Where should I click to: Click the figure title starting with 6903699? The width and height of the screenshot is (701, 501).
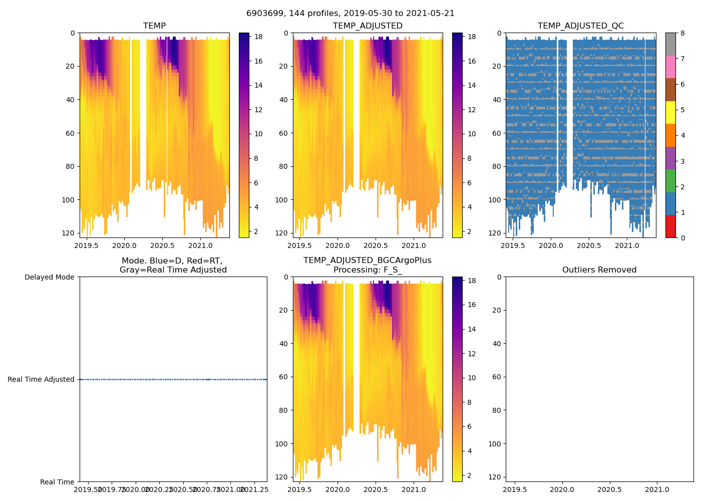350,14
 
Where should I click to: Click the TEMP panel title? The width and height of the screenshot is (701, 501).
154,26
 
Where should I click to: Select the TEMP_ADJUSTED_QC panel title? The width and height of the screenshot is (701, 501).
580,26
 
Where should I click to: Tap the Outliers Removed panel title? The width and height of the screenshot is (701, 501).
599,270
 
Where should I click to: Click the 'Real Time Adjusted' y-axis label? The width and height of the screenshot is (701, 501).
41,379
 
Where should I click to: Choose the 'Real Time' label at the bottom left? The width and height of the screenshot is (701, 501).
57,482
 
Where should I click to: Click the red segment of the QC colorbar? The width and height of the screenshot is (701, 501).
670,226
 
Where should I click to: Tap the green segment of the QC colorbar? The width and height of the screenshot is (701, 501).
670,181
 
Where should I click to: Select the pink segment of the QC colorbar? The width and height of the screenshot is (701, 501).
670,67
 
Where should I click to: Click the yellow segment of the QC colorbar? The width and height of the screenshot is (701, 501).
670,112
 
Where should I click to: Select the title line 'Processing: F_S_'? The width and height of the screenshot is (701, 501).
367,270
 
